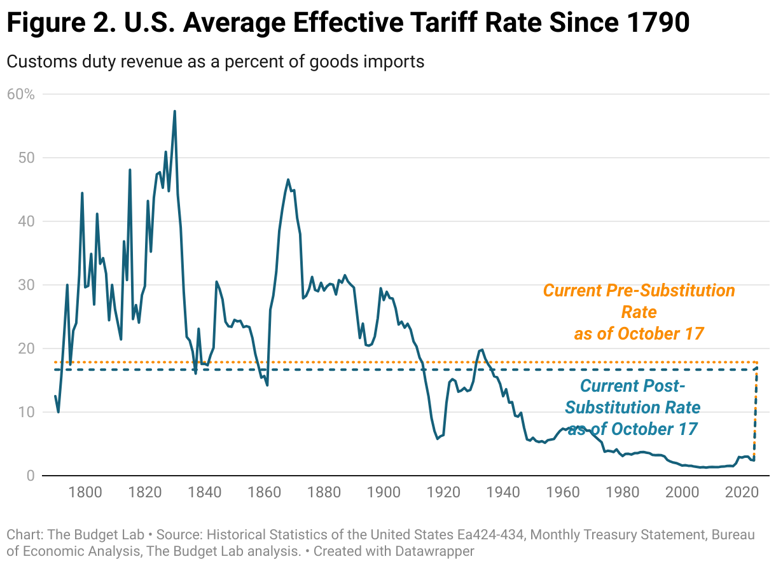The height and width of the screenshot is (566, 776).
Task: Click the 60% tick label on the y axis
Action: pos(20,94)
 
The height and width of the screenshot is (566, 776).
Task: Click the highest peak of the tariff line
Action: pos(174,111)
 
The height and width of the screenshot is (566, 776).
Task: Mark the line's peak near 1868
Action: pos(288,179)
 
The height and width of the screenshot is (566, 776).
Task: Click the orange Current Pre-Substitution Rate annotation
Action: pos(639,312)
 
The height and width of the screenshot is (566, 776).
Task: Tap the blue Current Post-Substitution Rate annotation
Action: pos(633,407)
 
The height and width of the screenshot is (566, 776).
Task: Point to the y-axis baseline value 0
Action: pos(31,476)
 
